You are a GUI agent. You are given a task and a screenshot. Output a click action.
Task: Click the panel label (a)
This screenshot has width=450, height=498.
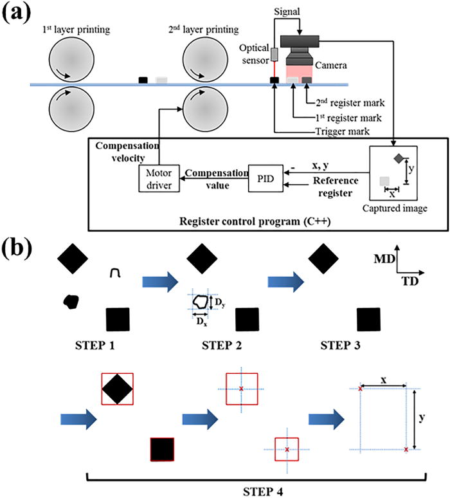click(x=17, y=14)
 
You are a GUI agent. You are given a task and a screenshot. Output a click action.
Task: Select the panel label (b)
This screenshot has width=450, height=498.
click(x=17, y=249)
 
